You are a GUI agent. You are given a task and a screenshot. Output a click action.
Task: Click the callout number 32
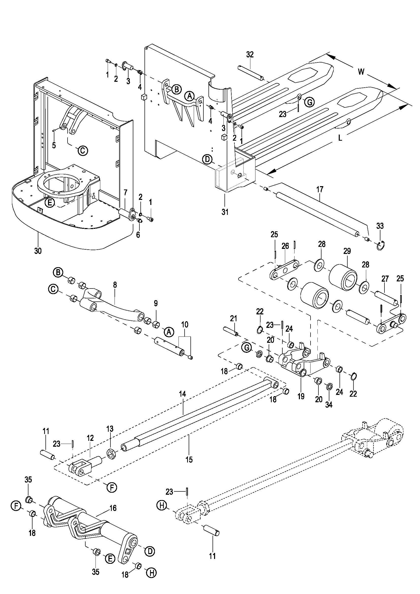250,55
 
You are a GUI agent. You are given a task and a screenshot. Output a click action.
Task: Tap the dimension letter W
361,71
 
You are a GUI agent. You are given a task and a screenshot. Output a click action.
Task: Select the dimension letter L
340,138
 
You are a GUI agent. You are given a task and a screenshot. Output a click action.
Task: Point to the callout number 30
38,250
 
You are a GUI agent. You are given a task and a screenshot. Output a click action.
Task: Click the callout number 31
225,212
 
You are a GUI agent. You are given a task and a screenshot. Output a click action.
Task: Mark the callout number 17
320,189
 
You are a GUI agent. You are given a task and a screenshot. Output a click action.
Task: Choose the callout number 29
347,251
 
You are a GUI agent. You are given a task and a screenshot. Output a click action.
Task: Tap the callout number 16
113,508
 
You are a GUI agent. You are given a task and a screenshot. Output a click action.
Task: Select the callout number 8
115,285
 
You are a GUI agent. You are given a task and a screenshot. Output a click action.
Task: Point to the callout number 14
182,394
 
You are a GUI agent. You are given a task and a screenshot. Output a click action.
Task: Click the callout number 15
189,459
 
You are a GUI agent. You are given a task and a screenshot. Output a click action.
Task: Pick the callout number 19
301,396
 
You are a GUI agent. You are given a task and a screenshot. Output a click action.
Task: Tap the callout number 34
328,405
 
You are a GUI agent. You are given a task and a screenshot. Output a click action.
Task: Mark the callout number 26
285,246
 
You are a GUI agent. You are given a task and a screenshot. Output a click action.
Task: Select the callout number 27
385,279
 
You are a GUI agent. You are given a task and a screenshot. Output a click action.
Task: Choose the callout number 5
54,145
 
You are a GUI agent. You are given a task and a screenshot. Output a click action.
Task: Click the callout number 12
90,438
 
